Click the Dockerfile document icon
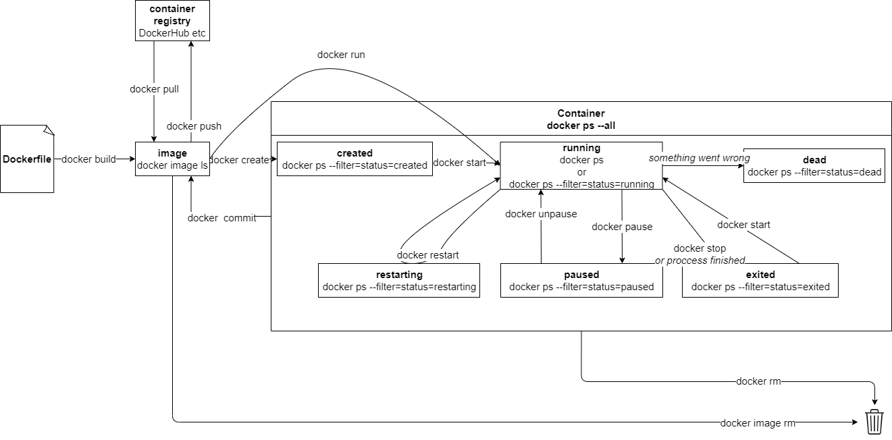[x=27, y=159]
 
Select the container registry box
[x=172, y=21]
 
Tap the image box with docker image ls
[x=172, y=159]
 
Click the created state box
[x=355, y=159]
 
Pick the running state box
[x=581, y=165]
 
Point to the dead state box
[x=814, y=166]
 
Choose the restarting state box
[x=398, y=281]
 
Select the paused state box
[x=581, y=281]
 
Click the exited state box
[x=760, y=281]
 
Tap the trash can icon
[x=874, y=422]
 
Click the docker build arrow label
[x=88, y=159]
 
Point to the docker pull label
[x=154, y=88]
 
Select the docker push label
[x=194, y=126]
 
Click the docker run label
[x=341, y=55]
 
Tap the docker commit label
[x=221, y=217]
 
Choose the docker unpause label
[x=541, y=214]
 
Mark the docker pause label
[x=622, y=227]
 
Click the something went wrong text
[x=699, y=158]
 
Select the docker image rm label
[x=758, y=423]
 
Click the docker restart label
[x=427, y=254]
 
